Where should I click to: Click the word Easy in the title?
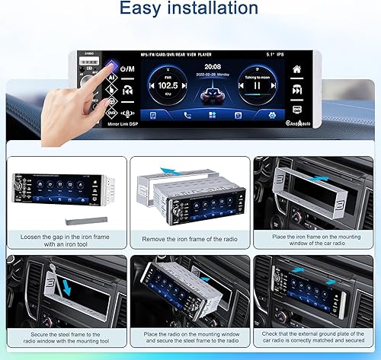point(149,9)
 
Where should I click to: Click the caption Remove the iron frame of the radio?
point(189,239)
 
